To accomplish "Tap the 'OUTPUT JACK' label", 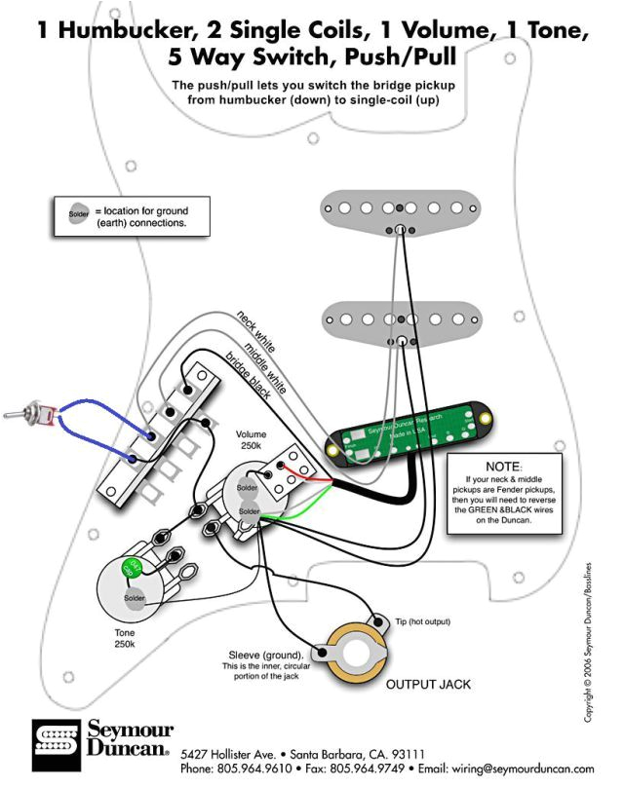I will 427,685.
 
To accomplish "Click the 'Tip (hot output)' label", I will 421,620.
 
